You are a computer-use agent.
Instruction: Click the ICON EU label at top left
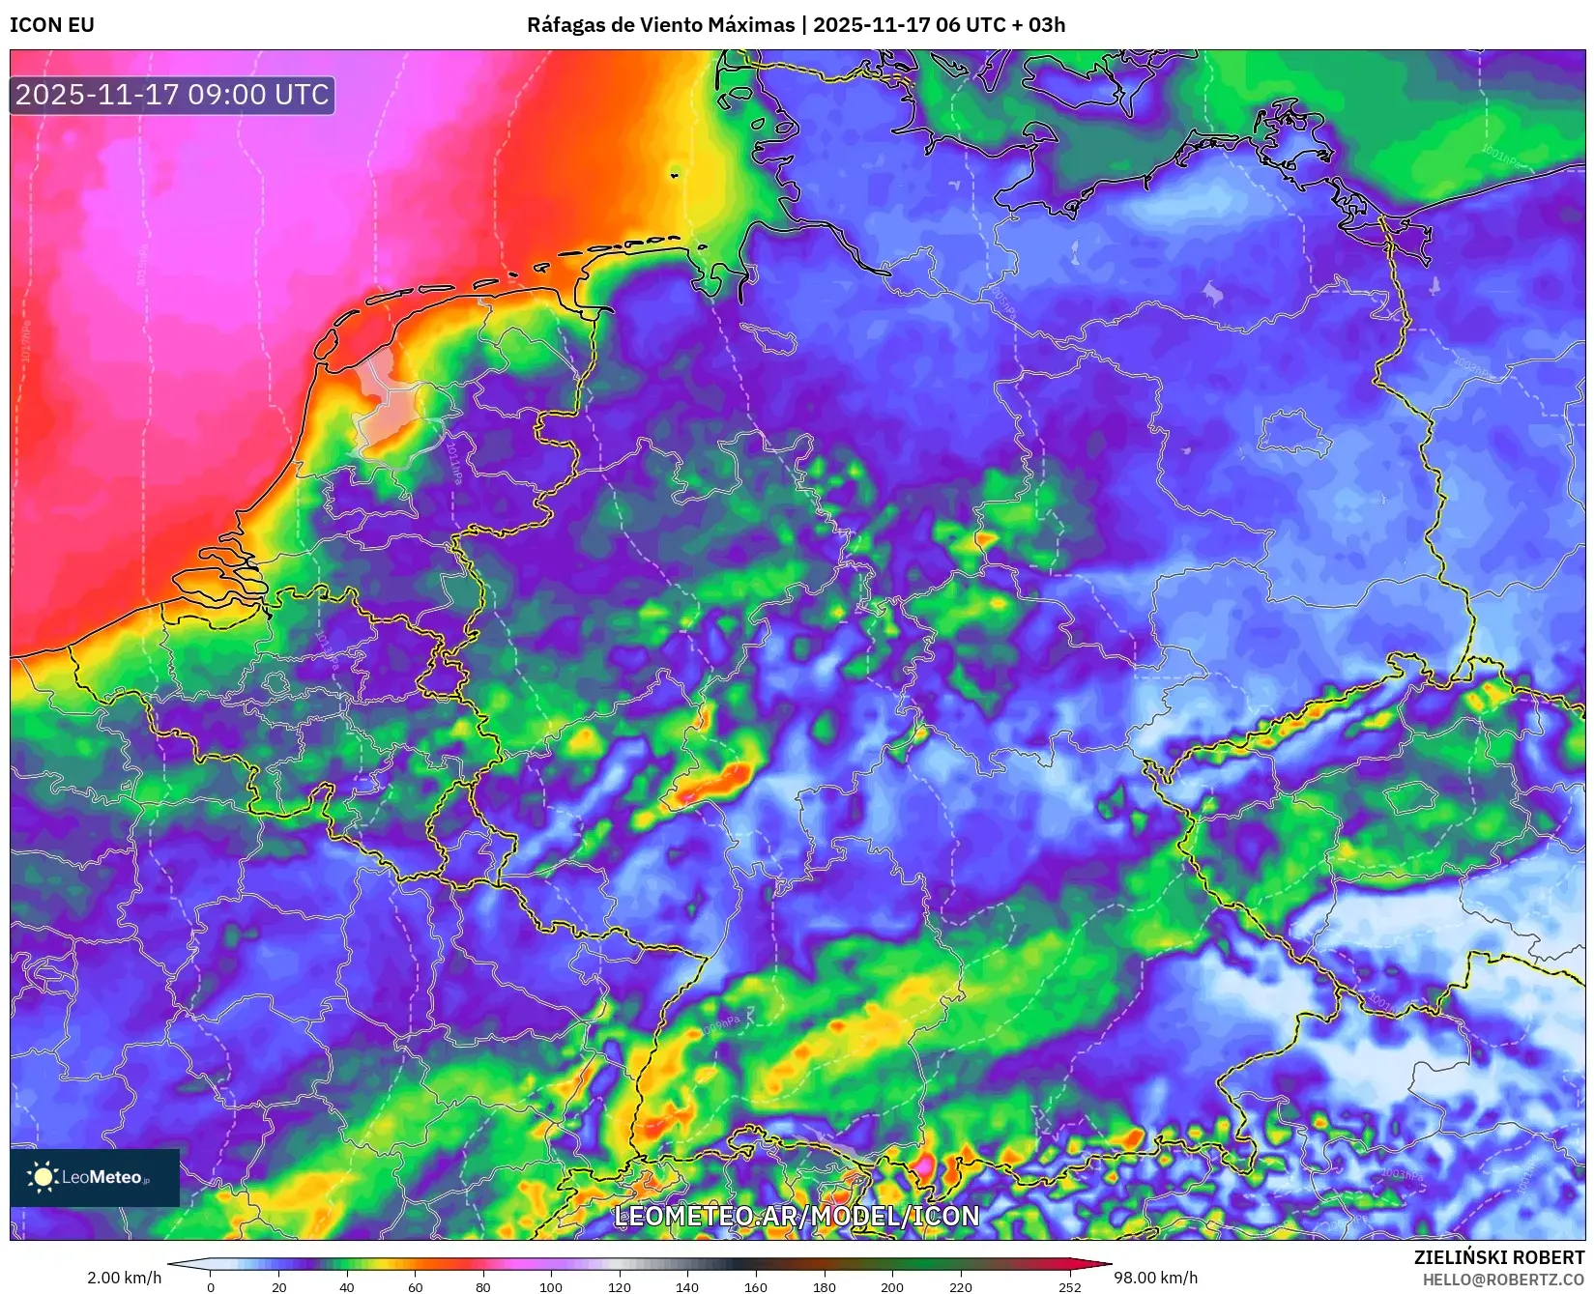point(52,25)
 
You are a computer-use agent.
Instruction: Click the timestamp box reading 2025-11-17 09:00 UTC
point(172,95)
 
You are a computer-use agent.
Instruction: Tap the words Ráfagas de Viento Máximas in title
point(660,25)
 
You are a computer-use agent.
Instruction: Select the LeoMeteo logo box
point(95,1177)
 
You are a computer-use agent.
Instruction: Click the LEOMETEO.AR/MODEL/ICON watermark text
point(797,1216)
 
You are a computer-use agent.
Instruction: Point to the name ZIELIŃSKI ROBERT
point(1499,1257)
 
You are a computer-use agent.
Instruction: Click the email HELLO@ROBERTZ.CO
point(1503,1280)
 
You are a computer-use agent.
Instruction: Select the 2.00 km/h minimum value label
point(125,1278)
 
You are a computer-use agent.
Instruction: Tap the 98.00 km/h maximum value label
point(1155,1278)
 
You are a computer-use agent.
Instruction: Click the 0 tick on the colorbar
point(211,1286)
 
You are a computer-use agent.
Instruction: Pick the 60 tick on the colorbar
point(415,1286)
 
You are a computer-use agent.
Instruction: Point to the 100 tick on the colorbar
point(551,1286)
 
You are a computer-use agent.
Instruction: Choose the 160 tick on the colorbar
point(756,1286)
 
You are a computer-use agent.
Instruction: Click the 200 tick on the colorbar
point(892,1286)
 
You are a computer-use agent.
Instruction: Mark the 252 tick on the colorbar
point(1069,1286)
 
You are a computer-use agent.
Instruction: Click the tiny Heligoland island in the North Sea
point(675,175)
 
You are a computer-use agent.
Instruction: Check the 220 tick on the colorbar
point(961,1286)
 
